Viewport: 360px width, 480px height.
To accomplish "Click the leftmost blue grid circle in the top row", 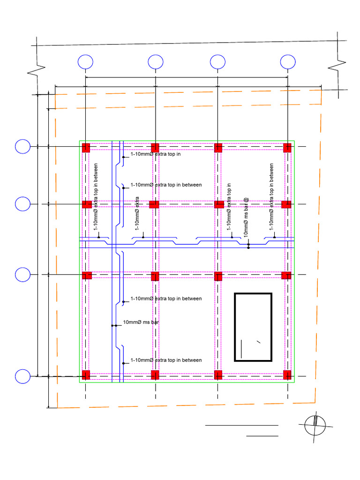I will pyautogui.click(x=85, y=62).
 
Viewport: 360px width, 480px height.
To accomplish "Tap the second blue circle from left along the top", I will pyautogui.click(x=156, y=62).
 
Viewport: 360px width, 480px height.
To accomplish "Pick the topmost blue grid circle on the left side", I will pyautogui.click(x=22, y=147).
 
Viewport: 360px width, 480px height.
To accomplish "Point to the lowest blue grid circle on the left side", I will pyautogui.click(x=22, y=376).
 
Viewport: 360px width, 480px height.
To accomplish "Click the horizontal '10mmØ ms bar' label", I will pyautogui.click(x=139, y=322).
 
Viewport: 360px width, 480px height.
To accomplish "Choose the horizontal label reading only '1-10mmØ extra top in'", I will pyautogui.click(x=155, y=154).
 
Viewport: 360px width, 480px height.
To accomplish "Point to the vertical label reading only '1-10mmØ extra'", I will pyautogui.click(x=138, y=213).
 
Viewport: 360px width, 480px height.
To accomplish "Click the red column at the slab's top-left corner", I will pyautogui.click(x=86, y=148).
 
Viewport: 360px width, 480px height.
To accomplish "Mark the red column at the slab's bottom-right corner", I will pyautogui.click(x=287, y=375).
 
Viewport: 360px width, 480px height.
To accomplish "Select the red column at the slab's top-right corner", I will pyautogui.click(x=287, y=148).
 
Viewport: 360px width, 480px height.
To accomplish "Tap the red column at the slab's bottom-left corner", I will pyautogui.click(x=86, y=375).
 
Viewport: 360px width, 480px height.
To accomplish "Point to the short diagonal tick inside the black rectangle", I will pyautogui.click(x=258, y=342).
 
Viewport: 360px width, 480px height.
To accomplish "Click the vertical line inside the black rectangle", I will pyautogui.click(x=241, y=348).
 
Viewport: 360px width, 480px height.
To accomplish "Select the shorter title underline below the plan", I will pyautogui.click(x=262, y=435).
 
